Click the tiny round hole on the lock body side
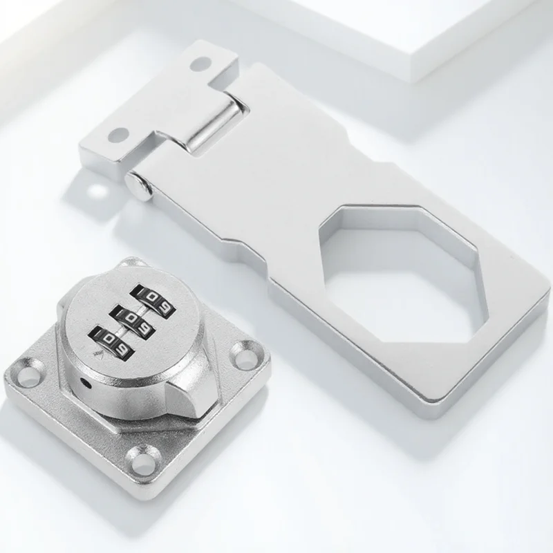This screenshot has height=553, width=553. (x=86, y=382)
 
